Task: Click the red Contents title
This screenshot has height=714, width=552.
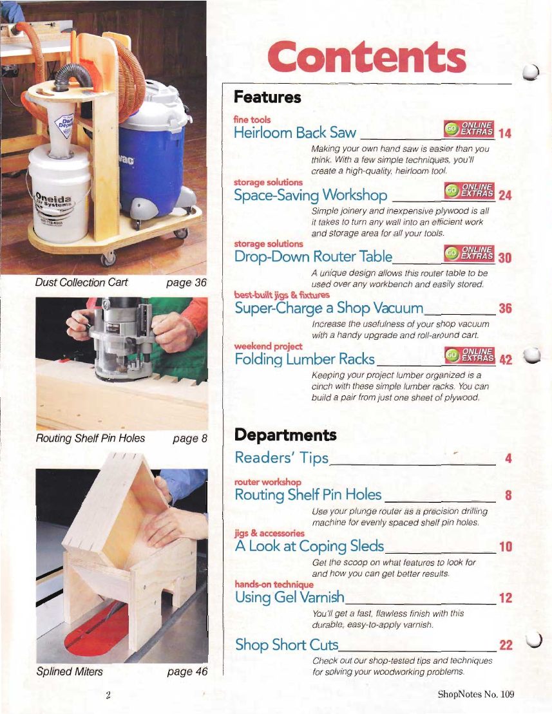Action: (366, 57)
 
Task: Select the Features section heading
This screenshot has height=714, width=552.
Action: (267, 97)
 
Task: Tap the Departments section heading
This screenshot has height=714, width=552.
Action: (285, 435)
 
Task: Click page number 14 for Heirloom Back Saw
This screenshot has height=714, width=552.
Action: (504, 133)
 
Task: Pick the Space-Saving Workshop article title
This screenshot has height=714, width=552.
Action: (310, 195)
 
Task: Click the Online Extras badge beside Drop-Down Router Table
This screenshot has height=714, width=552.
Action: (469, 253)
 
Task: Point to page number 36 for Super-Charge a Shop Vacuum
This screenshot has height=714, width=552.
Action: (505, 309)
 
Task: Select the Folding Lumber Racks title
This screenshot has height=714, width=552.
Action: (305, 359)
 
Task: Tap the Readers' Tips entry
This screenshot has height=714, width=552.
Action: (281, 458)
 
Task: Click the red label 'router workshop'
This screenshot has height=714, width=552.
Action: (268, 482)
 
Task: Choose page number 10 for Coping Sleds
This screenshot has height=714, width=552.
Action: (506, 547)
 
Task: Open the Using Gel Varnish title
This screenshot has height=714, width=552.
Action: (290, 597)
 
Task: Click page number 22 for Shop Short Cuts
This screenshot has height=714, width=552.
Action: (506, 645)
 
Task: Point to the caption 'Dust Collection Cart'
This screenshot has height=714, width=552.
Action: (82, 283)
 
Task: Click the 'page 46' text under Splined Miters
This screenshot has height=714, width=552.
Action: (187, 672)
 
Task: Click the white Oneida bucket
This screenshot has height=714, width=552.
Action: (61, 194)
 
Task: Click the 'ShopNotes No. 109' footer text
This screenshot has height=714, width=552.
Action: (476, 695)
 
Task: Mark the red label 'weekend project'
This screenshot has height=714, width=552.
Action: (268, 346)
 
